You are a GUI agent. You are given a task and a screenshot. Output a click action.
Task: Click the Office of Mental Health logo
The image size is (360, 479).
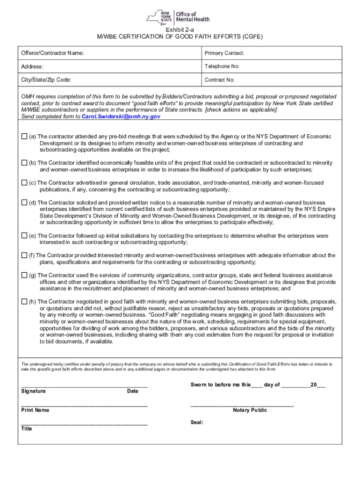178,17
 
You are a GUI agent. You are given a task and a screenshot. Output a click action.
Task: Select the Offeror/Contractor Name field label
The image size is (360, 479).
52,53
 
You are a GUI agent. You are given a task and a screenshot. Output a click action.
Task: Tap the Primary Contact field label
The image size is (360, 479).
224,53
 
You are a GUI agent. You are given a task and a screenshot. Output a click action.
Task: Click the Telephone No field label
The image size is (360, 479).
222,66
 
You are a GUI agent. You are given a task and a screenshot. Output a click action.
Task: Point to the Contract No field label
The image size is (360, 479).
219,80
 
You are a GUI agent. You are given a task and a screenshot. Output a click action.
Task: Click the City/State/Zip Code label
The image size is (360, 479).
46,80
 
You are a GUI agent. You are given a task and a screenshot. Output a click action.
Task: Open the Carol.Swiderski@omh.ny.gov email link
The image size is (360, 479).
121,116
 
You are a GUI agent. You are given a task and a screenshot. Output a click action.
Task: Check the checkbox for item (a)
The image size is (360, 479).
24,137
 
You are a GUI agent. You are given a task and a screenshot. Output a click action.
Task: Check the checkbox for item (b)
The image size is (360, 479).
24,163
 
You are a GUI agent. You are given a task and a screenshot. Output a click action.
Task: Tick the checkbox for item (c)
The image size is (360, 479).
24,182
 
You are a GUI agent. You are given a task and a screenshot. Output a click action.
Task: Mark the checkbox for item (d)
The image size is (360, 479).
24,203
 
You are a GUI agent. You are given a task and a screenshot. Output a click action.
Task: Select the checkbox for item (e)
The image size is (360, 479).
24,236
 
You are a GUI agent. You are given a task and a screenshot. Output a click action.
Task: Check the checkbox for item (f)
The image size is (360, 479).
24,255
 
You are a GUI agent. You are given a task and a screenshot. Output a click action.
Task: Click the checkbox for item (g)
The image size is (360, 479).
24,275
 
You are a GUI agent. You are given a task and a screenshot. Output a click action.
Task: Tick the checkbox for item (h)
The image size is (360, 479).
24,302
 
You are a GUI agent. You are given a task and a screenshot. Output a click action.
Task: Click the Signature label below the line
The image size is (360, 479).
33,391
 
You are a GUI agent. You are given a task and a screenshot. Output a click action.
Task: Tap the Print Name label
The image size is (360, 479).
35,410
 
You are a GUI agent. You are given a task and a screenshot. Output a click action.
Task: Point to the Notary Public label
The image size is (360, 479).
250,410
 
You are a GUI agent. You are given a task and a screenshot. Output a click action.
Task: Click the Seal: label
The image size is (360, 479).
197,422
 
